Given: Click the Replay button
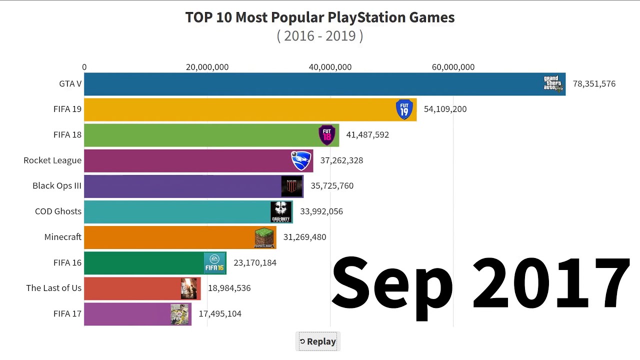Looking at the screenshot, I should click(x=317, y=341).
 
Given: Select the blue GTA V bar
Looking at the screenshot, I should click(x=310, y=84).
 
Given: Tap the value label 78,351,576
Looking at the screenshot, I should click(x=594, y=84).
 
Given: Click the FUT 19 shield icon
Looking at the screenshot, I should click(x=404, y=109).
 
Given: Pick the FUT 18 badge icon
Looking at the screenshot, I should click(x=326, y=135).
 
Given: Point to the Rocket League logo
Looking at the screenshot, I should click(x=301, y=160).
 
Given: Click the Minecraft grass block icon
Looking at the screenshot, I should click(x=264, y=237).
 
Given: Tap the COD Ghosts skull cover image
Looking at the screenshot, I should click(x=280, y=212).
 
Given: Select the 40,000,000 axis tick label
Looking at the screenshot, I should click(x=330, y=67).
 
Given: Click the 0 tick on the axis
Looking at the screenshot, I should click(x=84, y=67).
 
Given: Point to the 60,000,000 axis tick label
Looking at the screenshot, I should click(x=453, y=67).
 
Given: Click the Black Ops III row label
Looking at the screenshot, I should click(x=57, y=186).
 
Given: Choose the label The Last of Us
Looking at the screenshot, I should click(x=53, y=288).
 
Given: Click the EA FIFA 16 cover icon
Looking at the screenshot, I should click(x=214, y=263).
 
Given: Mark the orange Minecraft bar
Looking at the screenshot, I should click(x=170, y=237).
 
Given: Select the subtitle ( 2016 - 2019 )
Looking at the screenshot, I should click(x=320, y=36).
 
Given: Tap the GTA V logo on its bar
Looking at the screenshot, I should click(x=553, y=83).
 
